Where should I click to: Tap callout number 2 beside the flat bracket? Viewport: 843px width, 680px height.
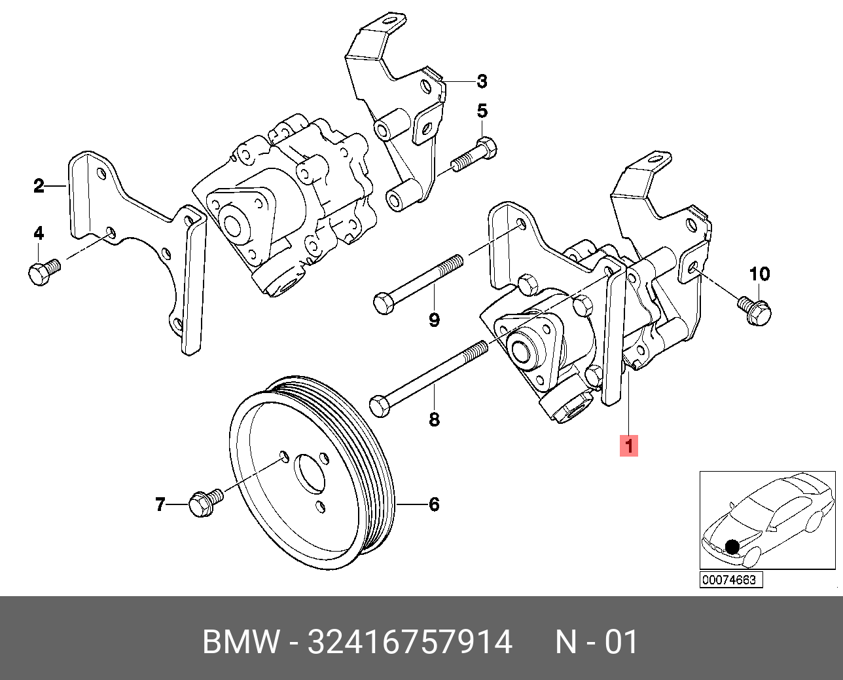[39, 186]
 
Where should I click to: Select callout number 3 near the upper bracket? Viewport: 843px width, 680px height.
[482, 81]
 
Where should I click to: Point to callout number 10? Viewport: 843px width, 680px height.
[759, 274]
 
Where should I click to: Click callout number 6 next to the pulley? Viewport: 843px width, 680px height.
[434, 504]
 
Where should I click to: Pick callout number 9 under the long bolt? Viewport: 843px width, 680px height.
[434, 320]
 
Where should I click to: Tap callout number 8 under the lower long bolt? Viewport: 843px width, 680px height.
[434, 419]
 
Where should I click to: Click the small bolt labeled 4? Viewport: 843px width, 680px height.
[43, 271]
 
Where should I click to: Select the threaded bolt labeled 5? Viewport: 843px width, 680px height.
[475, 153]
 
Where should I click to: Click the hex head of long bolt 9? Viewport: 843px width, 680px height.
[384, 303]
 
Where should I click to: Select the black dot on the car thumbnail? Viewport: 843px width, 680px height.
[732, 546]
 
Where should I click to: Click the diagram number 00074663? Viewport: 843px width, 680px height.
[730, 580]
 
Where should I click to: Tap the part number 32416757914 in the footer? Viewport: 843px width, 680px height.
[410, 643]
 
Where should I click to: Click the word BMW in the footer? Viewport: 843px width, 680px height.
[241, 643]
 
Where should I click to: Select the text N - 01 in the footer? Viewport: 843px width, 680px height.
[596, 643]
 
